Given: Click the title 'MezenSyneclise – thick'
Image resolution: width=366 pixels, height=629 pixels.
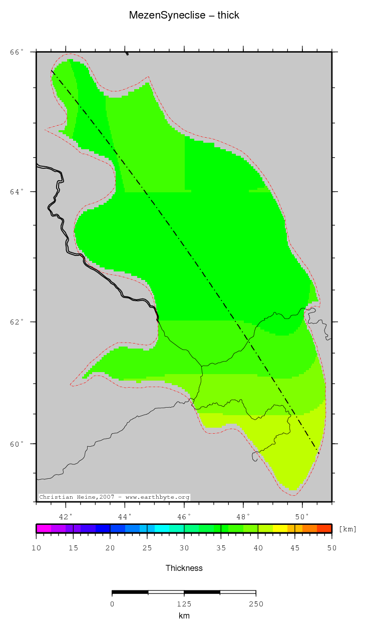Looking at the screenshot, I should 184,16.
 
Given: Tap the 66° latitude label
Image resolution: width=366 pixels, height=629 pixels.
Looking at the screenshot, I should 17,52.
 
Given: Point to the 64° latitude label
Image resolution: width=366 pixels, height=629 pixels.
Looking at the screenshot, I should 17,192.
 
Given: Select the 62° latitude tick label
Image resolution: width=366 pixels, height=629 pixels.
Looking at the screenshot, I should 17,322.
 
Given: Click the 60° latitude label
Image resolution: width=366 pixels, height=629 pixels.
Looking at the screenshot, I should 17,444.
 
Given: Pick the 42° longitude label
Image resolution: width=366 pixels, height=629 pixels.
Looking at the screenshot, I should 66,516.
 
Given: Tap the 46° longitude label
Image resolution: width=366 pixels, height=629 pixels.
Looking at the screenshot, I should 184,516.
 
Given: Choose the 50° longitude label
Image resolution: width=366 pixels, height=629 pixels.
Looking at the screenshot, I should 302,516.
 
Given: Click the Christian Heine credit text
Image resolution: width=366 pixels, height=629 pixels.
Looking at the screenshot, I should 114,497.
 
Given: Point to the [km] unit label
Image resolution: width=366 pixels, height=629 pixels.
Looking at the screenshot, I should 347,529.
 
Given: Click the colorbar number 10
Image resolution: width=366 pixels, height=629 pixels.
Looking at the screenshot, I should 36,548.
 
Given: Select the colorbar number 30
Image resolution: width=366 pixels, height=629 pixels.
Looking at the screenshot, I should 184,548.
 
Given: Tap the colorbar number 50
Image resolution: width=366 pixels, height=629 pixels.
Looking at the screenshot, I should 331,548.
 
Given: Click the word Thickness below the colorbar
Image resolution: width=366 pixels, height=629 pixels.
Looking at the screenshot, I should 184,568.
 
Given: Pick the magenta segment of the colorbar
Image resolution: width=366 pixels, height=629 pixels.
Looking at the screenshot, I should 44,528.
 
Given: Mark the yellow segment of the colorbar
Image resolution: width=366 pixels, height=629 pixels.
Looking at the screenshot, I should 280,528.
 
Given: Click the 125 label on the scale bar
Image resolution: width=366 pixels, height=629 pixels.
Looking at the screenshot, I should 184,603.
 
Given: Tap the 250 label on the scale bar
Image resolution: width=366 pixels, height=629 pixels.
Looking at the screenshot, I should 256,603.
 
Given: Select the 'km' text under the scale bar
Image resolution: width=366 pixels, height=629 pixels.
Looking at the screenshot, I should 184,615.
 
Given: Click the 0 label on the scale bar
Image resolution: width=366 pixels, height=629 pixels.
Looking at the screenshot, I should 112,603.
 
